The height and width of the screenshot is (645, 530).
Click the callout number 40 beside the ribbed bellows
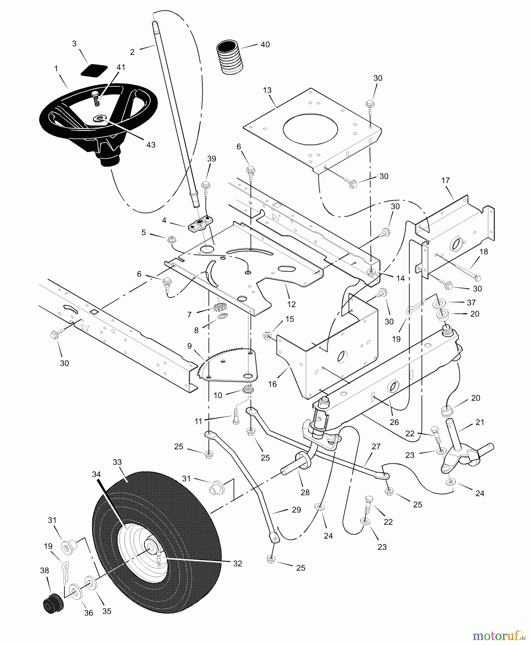click(265, 45)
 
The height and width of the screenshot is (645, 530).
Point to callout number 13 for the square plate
click(267, 90)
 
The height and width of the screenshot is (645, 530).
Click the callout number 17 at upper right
click(445, 181)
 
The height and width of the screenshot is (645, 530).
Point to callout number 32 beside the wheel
click(237, 564)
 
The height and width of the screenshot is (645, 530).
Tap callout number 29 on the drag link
click(296, 510)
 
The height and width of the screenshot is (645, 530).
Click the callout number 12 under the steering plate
click(291, 304)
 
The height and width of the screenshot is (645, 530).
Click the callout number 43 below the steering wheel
click(151, 145)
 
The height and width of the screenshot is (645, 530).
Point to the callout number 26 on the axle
click(394, 422)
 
